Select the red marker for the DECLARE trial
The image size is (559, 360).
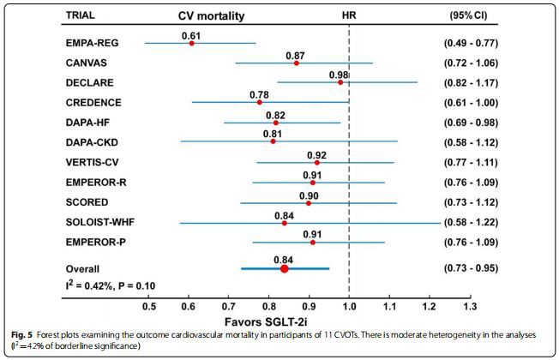[340, 82]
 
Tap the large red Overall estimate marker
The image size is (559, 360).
[285, 268]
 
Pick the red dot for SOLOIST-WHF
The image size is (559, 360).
[285, 223]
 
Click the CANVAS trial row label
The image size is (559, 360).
[86, 63]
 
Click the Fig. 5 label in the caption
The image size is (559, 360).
[19, 334]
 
